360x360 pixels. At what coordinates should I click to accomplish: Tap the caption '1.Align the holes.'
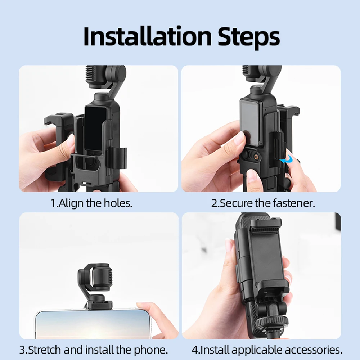[91, 203]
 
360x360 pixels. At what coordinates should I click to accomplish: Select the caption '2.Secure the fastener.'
[263, 203]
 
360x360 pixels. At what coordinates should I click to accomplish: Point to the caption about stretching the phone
[94, 349]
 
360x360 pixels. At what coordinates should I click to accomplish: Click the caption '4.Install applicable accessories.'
[267, 349]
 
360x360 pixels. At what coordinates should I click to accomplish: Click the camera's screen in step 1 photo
[95, 128]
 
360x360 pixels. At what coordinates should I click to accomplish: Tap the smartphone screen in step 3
[90, 324]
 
